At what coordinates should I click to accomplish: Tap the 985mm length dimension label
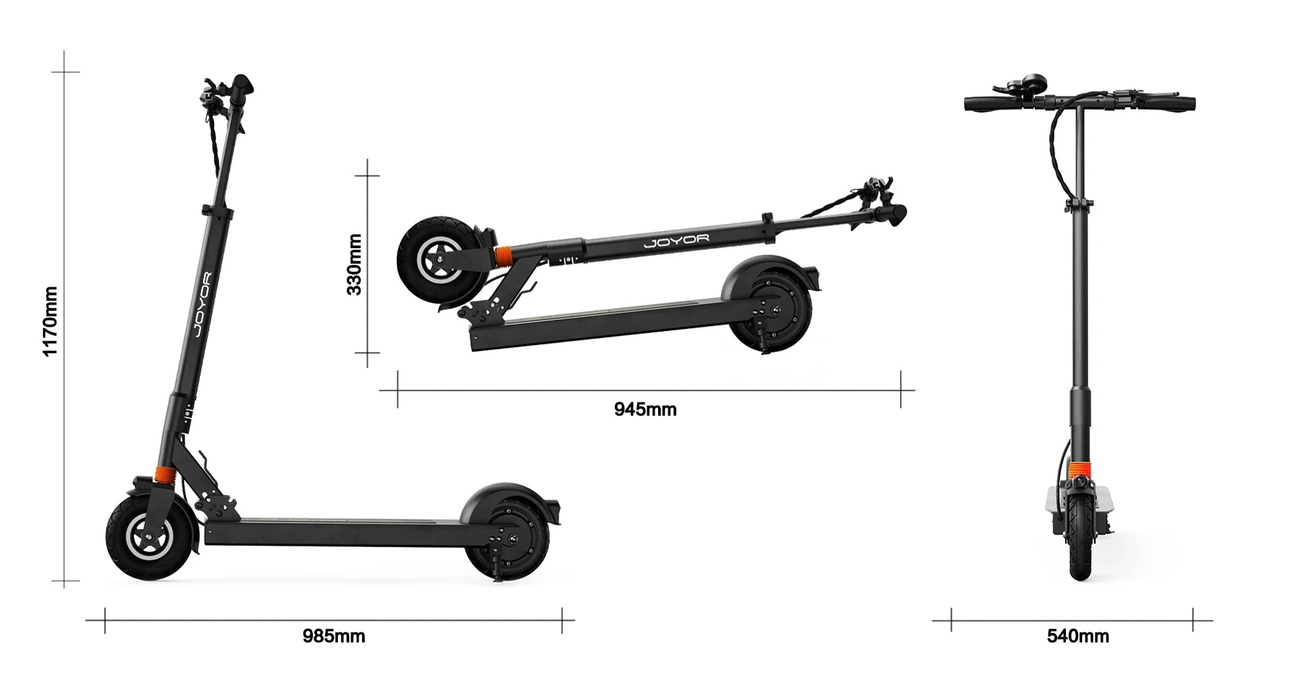point(334,636)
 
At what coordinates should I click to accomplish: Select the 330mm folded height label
point(355,264)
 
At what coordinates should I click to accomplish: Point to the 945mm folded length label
point(645,409)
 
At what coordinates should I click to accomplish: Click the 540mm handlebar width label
point(1078,636)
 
